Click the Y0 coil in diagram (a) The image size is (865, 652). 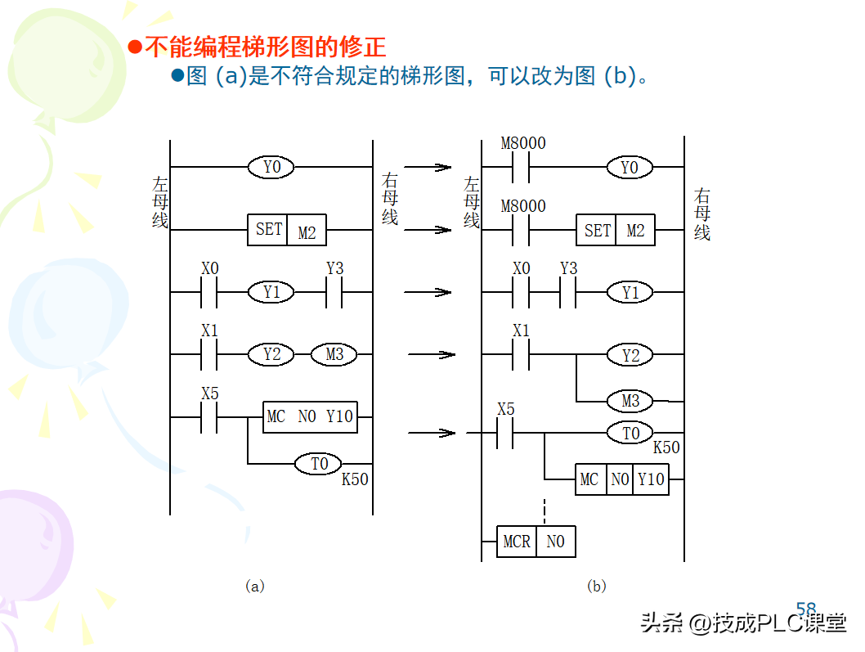pyautogui.click(x=272, y=167)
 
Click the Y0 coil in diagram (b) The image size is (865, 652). pyautogui.click(x=629, y=167)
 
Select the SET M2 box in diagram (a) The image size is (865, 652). pyautogui.click(x=286, y=230)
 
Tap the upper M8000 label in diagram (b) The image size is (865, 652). pyautogui.click(x=523, y=143)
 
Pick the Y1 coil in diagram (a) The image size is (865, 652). pyautogui.click(x=272, y=292)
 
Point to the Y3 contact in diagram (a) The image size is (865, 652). pyautogui.click(x=334, y=292)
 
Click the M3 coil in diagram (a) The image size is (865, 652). pyautogui.click(x=334, y=354)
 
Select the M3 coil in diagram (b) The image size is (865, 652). pyautogui.click(x=630, y=401)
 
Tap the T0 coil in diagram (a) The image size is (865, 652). pyautogui.click(x=319, y=464)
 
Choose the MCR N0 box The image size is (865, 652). pyautogui.click(x=536, y=542)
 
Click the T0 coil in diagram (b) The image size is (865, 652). pyautogui.click(x=630, y=433)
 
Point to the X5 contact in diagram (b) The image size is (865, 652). pyautogui.click(x=506, y=433)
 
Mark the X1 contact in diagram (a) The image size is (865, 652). pyautogui.click(x=210, y=354)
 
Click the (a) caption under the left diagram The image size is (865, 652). pyautogui.click(x=255, y=586)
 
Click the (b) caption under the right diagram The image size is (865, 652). pyautogui.click(x=597, y=586)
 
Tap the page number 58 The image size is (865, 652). pyautogui.click(x=806, y=609)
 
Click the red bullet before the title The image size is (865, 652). pyautogui.click(x=136, y=46)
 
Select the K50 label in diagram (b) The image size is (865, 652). pyautogui.click(x=666, y=448)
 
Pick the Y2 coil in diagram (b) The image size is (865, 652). pyautogui.click(x=630, y=355)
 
